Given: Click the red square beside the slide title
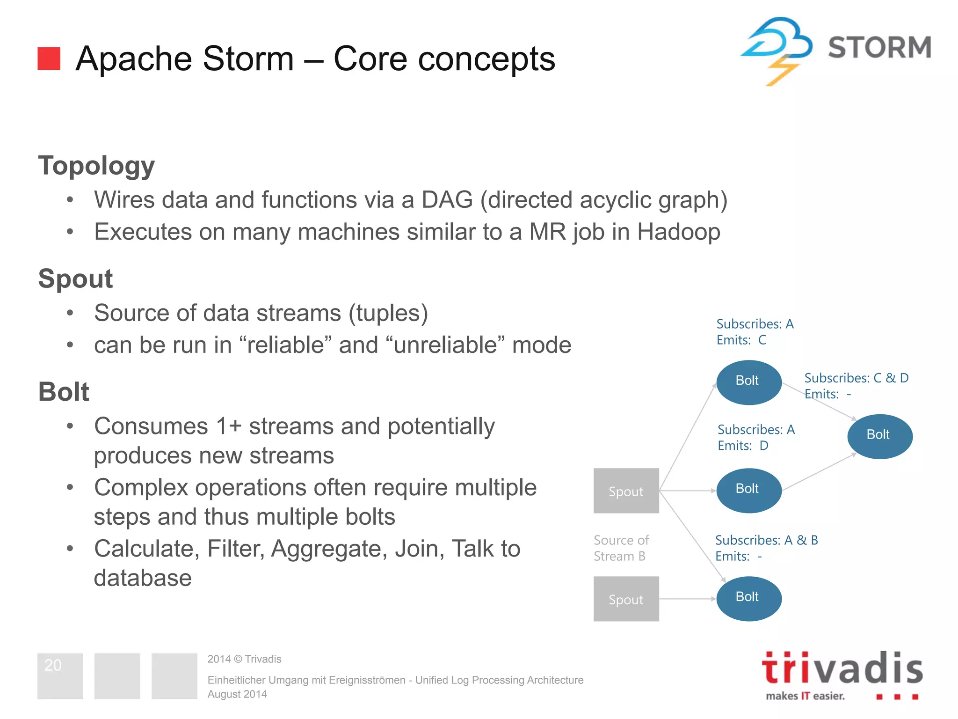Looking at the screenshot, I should tap(49, 59).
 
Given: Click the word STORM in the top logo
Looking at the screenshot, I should tap(879, 48).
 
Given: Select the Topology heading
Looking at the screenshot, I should tap(96, 166).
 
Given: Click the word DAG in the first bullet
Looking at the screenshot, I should tap(447, 200).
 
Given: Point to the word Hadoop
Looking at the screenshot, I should tap(678, 232).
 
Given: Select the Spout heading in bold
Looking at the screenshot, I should tap(75, 279).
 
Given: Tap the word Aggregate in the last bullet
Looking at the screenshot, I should tap(329, 549).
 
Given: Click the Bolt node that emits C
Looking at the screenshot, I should tap(748, 382).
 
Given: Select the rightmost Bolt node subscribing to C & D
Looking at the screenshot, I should tap(879, 436).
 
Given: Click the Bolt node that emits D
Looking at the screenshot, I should tap(748, 490).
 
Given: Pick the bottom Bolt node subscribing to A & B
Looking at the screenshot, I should tap(748, 598).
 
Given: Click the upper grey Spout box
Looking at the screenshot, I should tap(626, 491).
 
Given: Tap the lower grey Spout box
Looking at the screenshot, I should tap(626, 599).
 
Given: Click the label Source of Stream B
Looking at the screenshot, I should tap(621, 548).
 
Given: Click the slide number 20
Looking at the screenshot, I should tap(53, 665).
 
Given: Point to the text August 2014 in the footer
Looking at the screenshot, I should tap(237, 694).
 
